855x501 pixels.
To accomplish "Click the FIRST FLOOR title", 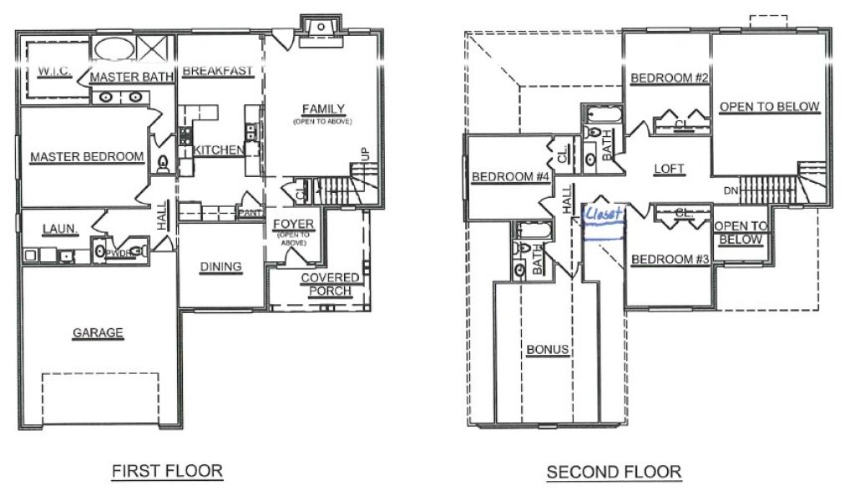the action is pyautogui.click(x=167, y=470).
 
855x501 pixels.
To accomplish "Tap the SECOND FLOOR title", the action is pyautogui.click(x=614, y=472).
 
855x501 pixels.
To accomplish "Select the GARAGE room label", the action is pyautogui.click(x=99, y=332).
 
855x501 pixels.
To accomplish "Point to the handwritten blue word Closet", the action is pyautogui.click(x=603, y=213).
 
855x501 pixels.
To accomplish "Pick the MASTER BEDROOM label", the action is pyautogui.click(x=87, y=157).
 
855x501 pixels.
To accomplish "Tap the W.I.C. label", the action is pyautogui.click(x=54, y=72).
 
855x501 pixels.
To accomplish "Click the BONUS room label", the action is pyautogui.click(x=548, y=349).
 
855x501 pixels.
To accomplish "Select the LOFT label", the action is pyautogui.click(x=669, y=169).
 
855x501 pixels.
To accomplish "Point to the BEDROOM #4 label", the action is pyautogui.click(x=510, y=177).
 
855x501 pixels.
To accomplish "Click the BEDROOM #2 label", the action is pyautogui.click(x=670, y=78).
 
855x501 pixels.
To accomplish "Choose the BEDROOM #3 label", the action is pyautogui.click(x=670, y=260).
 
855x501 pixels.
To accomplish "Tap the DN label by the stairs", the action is pyautogui.click(x=731, y=191).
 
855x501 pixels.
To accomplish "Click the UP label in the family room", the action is pyautogui.click(x=365, y=154).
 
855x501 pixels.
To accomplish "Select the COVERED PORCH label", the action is pyautogui.click(x=330, y=284).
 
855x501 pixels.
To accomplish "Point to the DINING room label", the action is pyautogui.click(x=220, y=266).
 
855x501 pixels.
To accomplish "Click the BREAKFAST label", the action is pyautogui.click(x=218, y=71).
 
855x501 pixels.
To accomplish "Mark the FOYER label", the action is pyautogui.click(x=293, y=224).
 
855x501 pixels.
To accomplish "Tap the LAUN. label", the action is pyautogui.click(x=59, y=229).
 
